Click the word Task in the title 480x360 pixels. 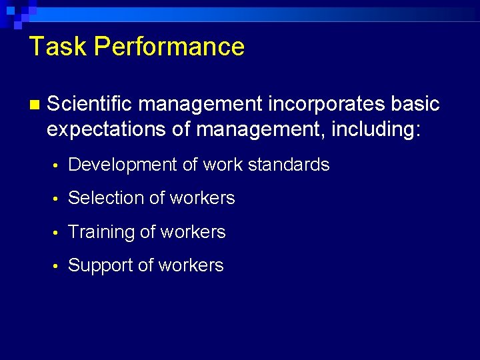point(58,47)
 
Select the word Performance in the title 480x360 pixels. point(169,47)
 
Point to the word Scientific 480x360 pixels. point(90,104)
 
